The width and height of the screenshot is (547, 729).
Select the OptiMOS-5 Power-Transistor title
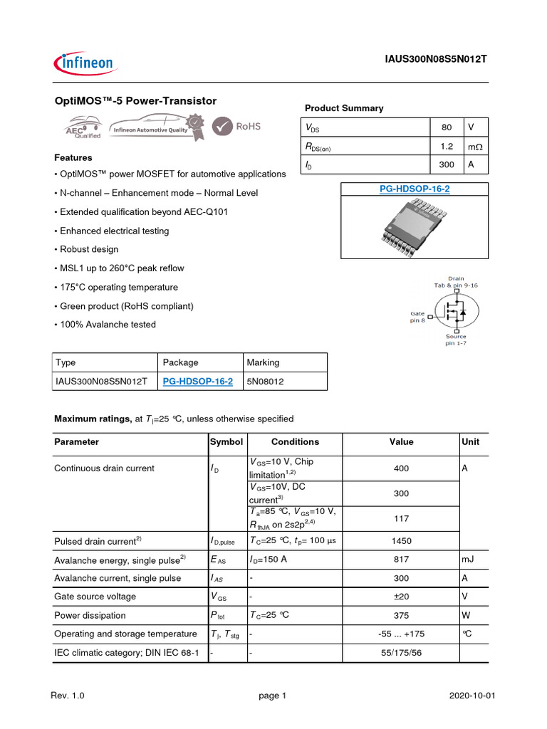tap(135, 101)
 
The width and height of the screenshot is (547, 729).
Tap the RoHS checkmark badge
tap(239, 126)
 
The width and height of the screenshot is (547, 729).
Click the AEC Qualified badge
tap(83, 128)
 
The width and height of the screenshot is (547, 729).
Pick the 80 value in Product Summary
tap(447, 127)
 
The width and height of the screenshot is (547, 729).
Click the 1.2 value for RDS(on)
tap(447, 146)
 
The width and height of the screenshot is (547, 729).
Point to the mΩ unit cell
tap(474, 146)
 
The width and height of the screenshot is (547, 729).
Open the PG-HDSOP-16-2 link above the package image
tap(414, 189)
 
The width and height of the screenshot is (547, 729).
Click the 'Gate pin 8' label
tap(417, 316)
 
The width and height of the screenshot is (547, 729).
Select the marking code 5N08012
tap(265, 381)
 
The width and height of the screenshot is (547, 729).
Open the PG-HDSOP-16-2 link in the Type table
tap(198, 381)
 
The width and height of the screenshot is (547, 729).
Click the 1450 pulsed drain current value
tap(401, 541)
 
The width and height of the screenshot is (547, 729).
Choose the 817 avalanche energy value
tap(401, 560)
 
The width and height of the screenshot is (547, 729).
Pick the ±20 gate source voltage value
tap(401, 597)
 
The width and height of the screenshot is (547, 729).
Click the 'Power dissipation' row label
tap(90, 615)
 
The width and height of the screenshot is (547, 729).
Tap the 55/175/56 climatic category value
tap(401, 652)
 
